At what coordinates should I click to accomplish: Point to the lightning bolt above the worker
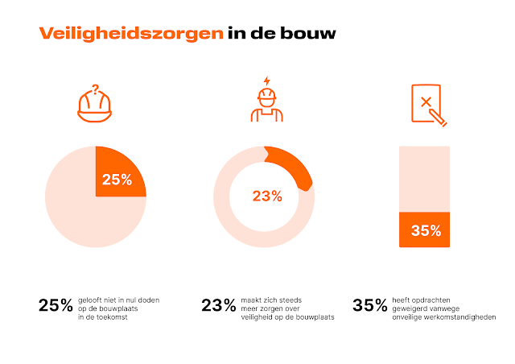pos(266,82)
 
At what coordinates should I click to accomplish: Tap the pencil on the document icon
pos(439,119)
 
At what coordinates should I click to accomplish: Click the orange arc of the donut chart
pos(290,167)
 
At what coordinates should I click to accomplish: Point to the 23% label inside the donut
pos(266,196)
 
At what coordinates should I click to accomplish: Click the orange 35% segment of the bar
pos(425,230)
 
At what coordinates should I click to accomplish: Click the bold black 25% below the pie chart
pos(56,306)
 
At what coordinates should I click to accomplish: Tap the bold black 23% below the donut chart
pos(218,306)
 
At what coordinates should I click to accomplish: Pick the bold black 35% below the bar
pos(370,306)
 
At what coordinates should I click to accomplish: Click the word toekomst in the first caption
pos(114,318)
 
